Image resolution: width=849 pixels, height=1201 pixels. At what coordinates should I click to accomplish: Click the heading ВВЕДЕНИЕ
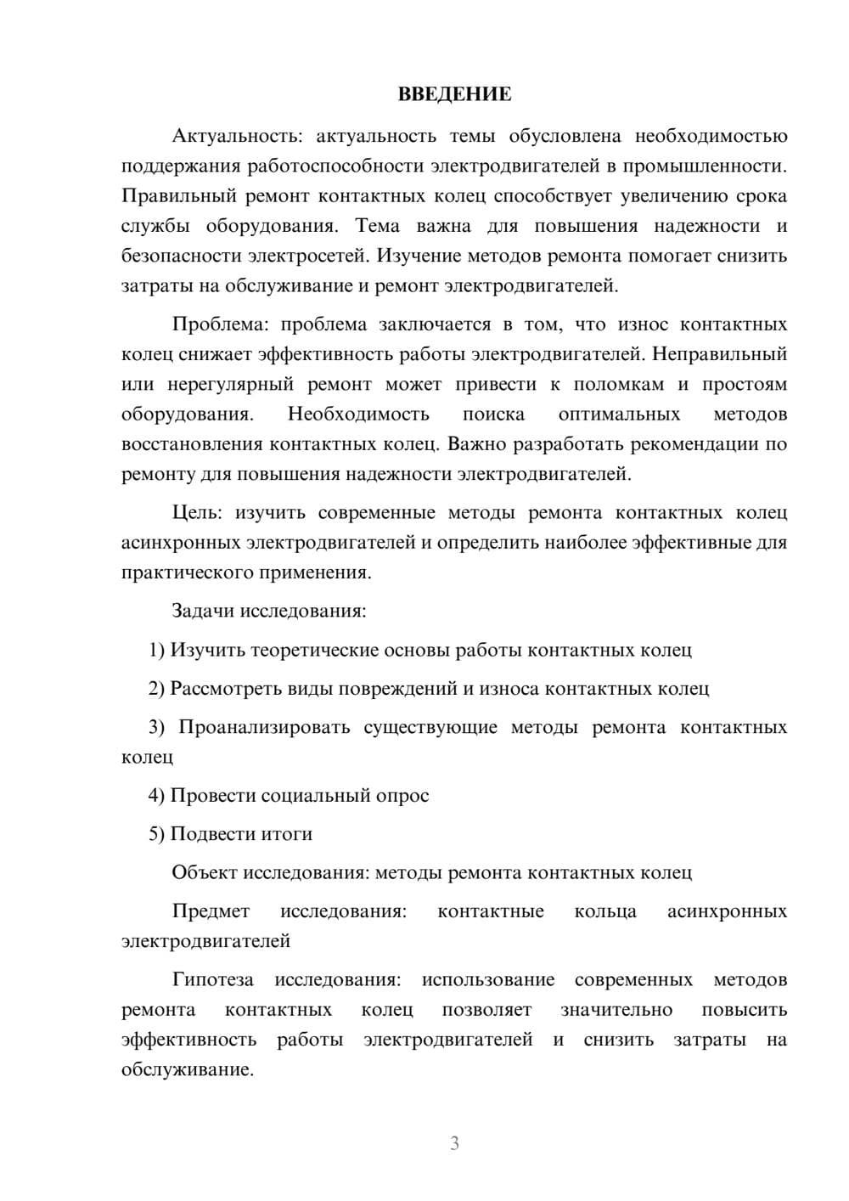(454, 94)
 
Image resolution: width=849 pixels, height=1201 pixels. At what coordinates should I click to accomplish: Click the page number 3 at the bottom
(454, 1143)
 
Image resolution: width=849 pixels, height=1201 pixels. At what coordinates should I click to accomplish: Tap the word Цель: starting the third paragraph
(197, 513)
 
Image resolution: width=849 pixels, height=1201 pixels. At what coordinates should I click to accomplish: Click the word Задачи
(204, 611)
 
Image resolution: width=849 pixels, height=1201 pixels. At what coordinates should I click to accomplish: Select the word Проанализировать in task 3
(264, 728)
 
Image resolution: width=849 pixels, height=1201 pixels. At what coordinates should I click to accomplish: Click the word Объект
(205, 873)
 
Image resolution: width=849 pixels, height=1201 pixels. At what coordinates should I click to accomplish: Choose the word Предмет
(211, 911)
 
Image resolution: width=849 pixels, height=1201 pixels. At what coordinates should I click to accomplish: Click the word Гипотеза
(213, 980)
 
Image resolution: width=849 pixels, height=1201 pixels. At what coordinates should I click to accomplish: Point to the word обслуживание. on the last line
(188, 1070)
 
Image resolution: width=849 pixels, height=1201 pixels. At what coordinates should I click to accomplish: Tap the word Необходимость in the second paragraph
(358, 414)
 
